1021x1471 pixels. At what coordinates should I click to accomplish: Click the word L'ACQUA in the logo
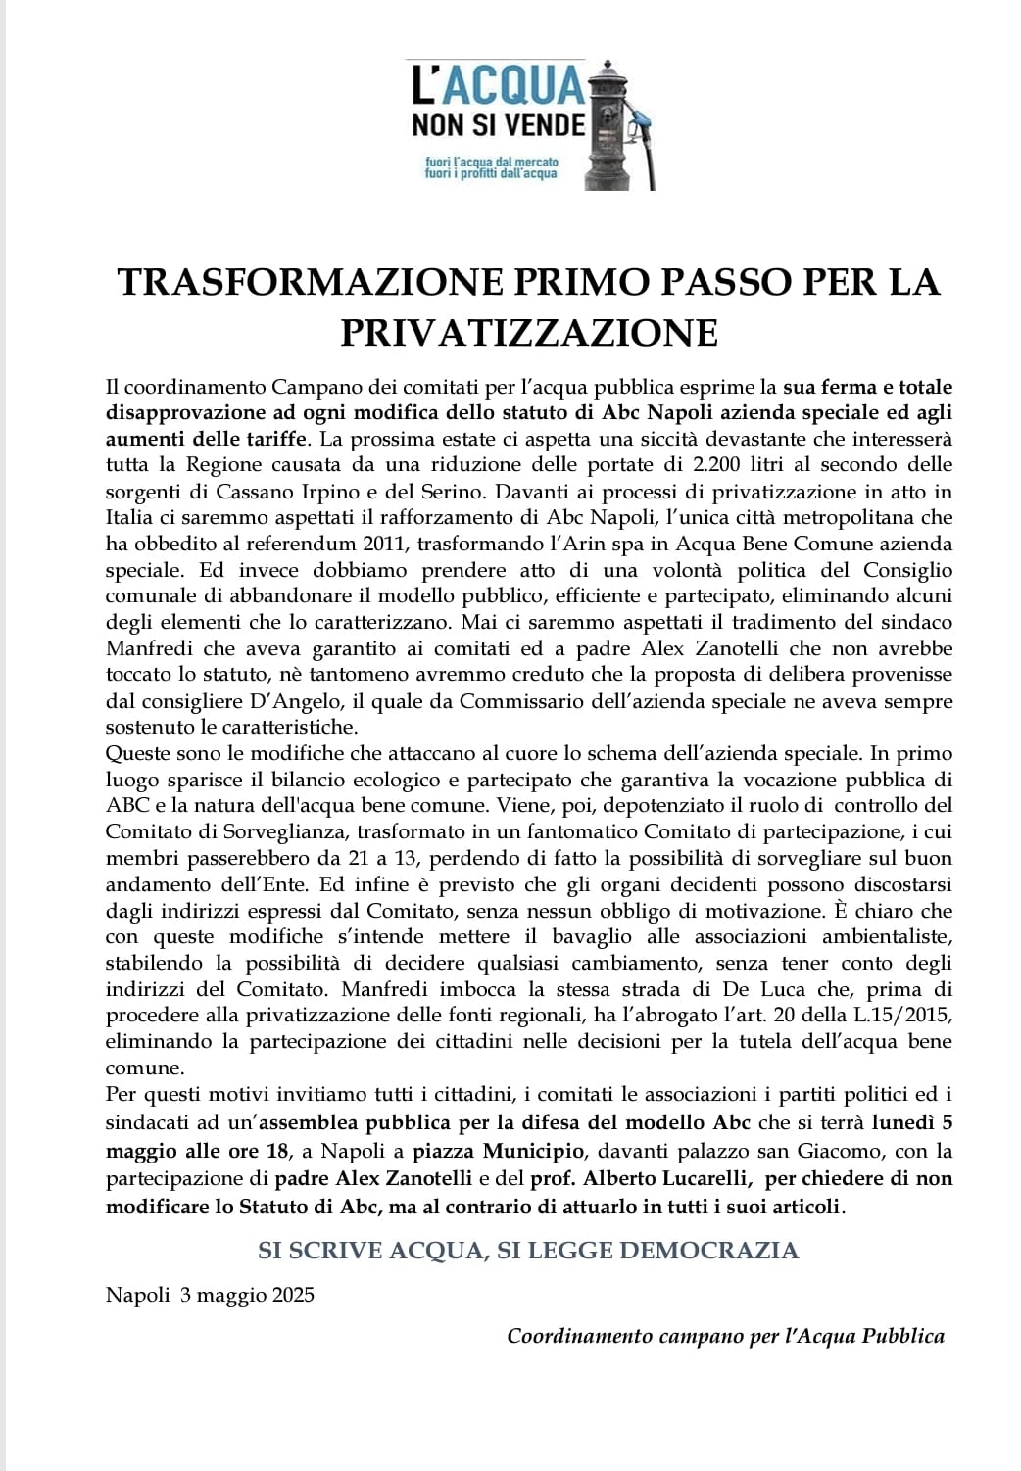click(497, 86)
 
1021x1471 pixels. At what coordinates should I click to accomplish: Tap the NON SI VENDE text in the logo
click(498, 125)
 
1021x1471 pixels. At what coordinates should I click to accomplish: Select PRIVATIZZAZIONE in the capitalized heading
click(529, 333)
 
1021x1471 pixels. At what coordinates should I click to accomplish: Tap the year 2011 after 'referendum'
click(362, 544)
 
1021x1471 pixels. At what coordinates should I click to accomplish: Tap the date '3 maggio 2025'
click(247, 1295)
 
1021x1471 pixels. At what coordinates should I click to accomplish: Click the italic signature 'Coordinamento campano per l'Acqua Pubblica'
click(725, 1336)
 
